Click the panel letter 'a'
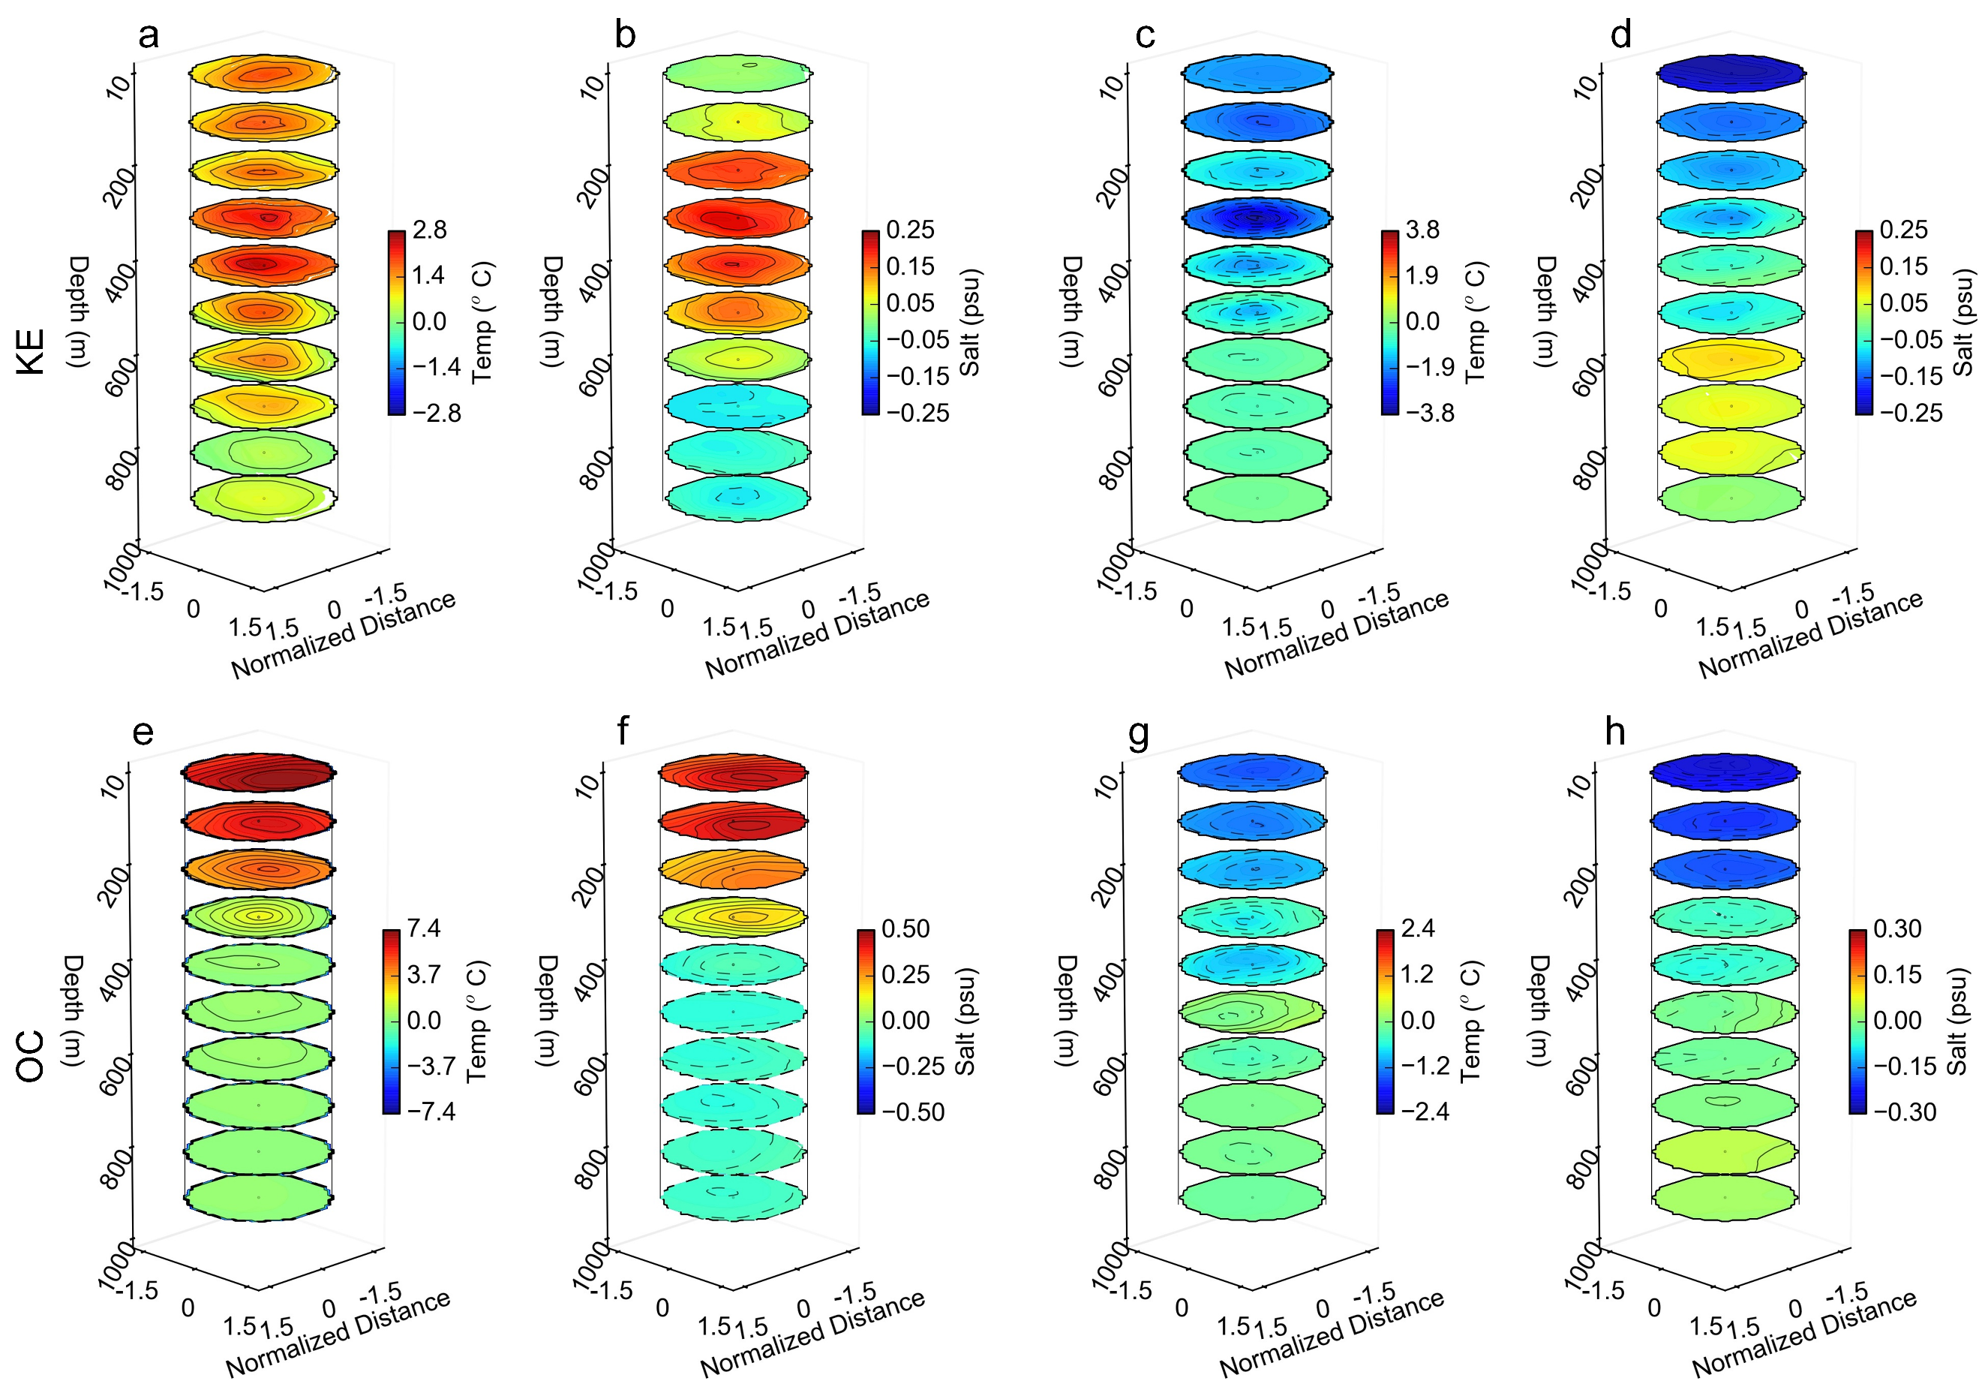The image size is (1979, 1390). click(x=149, y=36)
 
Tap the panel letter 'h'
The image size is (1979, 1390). click(x=1614, y=732)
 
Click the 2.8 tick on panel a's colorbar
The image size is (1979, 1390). click(x=429, y=230)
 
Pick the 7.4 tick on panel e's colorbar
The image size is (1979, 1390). click(x=424, y=928)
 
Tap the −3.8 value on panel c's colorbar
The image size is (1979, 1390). click(x=1429, y=413)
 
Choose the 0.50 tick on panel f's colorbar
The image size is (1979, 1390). click(x=905, y=928)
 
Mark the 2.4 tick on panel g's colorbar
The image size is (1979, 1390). click(x=1418, y=928)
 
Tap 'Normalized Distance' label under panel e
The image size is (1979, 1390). click(x=338, y=1334)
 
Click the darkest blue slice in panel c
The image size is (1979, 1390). click(x=1257, y=218)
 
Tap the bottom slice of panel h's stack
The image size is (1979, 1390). click(x=1725, y=1198)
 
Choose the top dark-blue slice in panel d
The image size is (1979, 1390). click(x=1731, y=74)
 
